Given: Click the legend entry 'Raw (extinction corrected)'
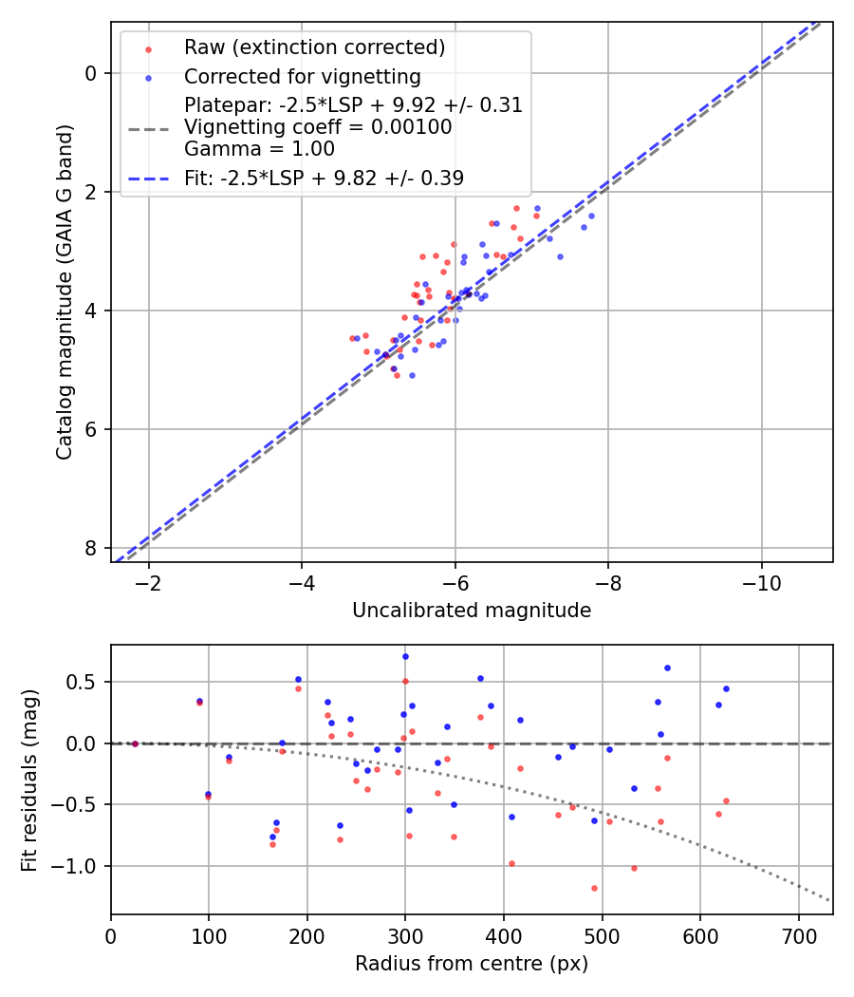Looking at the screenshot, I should pyautogui.click(x=314, y=47).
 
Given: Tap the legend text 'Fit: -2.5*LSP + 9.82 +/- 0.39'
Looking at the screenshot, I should pyautogui.click(x=324, y=178).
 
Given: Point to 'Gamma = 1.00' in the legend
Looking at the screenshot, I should pyautogui.click(x=259, y=148).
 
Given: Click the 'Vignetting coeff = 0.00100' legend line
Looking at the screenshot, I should pyautogui.click(x=318, y=127).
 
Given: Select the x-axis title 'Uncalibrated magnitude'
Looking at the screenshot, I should pyautogui.click(x=472, y=611).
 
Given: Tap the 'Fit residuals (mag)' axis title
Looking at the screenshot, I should pyautogui.click(x=29, y=779).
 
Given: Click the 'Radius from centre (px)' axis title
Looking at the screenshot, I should pyautogui.click(x=472, y=964).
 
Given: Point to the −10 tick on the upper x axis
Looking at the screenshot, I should pyautogui.click(x=761, y=580).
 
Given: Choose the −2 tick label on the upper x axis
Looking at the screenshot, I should pyautogui.click(x=149, y=580).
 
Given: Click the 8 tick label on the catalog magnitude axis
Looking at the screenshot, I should pyautogui.click(x=91, y=548).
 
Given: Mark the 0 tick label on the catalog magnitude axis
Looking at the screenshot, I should pyautogui.click(x=91, y=73).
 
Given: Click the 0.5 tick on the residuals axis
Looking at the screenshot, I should pyautogui.click(x=85, y=682).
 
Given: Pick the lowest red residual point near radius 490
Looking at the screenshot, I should pyautogui.click(x=594, y=888).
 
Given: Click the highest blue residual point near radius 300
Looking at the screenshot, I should pyautogui.click(x=405, y=656).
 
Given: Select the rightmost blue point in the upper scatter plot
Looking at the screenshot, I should pyautogui.click(x=591, y=216).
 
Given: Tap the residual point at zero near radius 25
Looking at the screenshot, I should pyautogui.click(x=135, y=743).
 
